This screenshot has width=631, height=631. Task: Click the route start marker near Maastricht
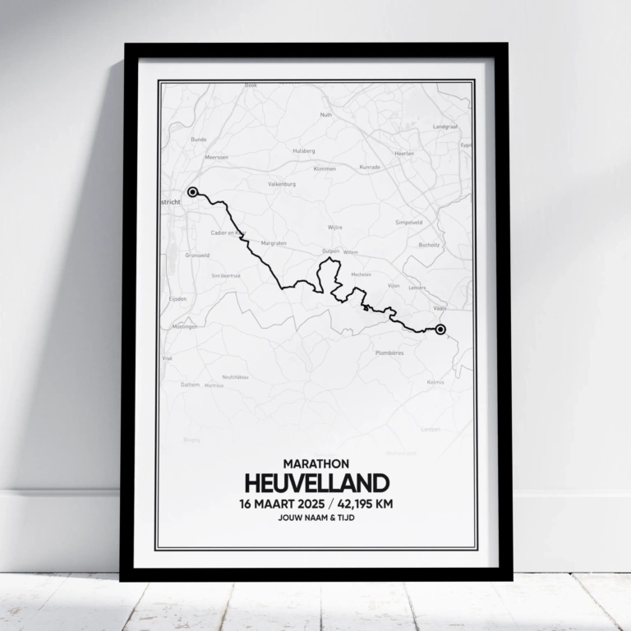[192, 192]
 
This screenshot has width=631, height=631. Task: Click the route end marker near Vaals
[440, 329]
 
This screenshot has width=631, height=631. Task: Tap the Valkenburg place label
[281, 184]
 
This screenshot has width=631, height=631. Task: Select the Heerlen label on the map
[404, 154]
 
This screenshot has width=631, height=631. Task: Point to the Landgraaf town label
[444, 127]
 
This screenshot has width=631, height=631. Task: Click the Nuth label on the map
[325, 115]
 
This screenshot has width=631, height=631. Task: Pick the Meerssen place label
[217, 157]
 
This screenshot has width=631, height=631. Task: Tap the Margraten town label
[273, 244]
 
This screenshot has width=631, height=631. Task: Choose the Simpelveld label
[408, 222]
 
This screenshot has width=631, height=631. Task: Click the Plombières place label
[389, 352]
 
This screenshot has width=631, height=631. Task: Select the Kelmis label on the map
[435, 382]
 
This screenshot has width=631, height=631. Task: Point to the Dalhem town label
[190, 384]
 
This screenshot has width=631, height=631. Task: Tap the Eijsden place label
[177, 299]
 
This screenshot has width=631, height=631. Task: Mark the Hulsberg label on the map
[303, 151]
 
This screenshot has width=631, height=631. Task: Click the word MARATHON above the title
[315, 464]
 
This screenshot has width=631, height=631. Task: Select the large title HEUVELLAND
[315, 483]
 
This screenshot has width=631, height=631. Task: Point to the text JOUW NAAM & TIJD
[315, 519]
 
